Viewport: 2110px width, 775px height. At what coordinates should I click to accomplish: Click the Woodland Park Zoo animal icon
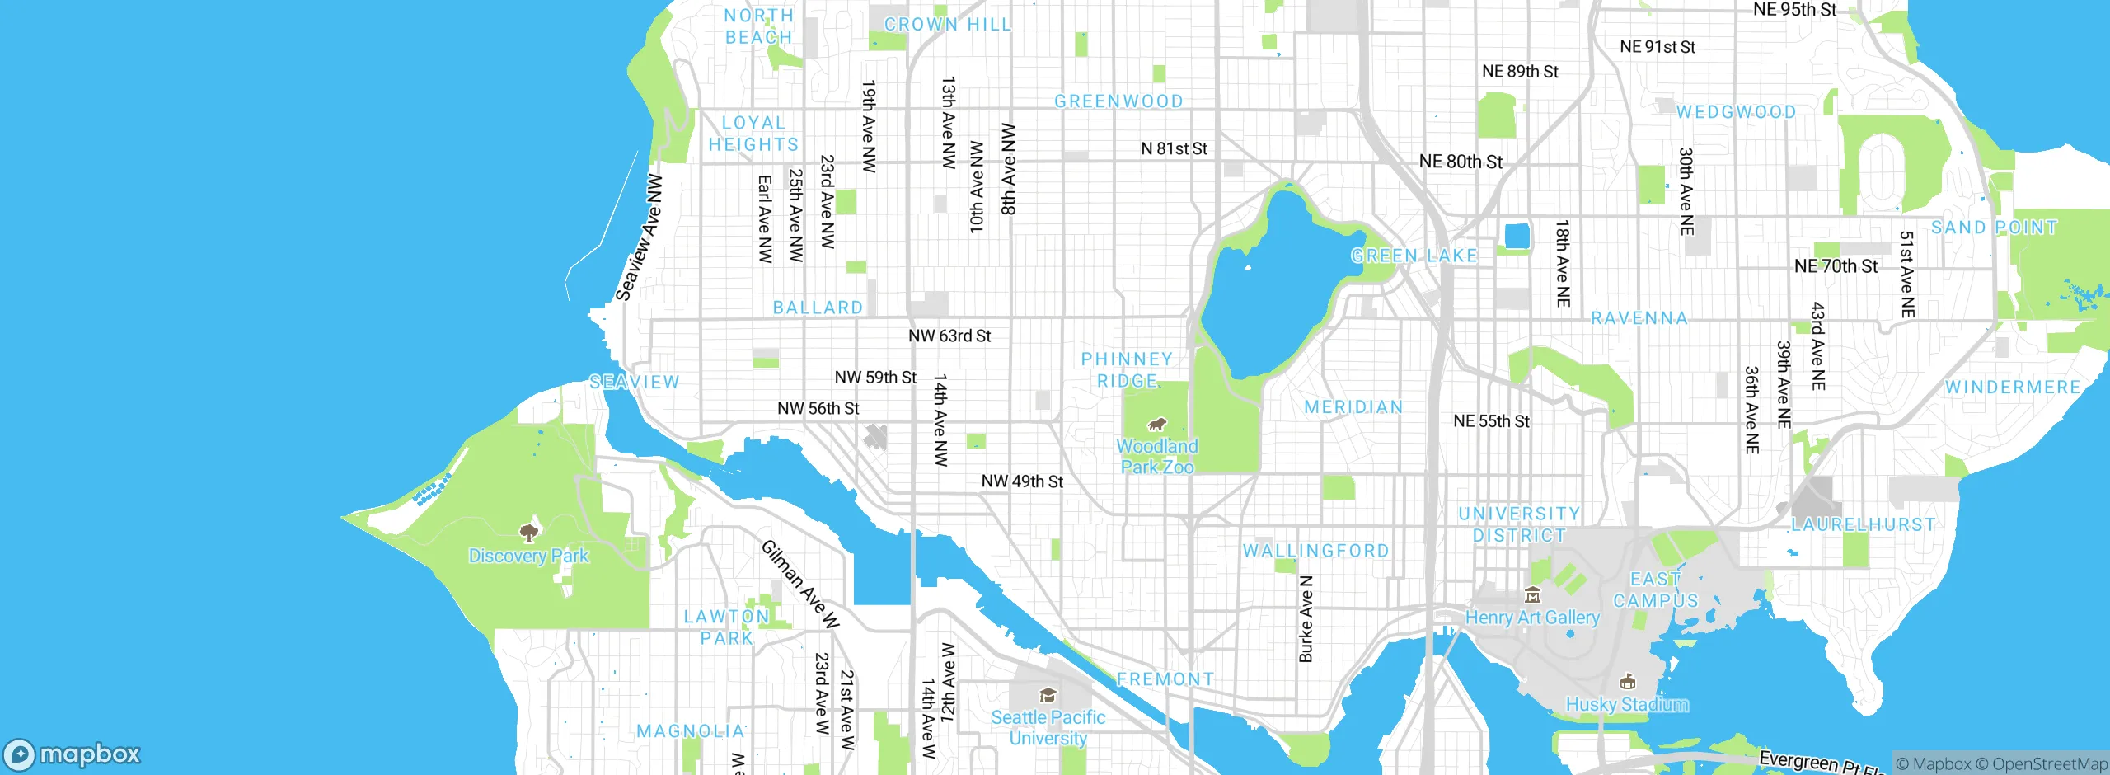point(1157,425)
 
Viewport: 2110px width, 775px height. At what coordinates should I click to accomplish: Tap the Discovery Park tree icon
point(529,533)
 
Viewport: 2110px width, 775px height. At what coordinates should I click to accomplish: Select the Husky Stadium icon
point(1627,682)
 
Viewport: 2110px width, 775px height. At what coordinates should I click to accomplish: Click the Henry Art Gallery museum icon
point(1532,594)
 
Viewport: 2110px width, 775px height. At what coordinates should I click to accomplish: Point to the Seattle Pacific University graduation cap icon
point(1048,696)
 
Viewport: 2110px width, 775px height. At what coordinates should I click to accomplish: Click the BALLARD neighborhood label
point(818,308)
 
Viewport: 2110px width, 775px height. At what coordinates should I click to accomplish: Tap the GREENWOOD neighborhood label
point(1118,101)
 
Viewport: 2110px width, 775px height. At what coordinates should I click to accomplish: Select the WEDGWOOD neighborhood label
point(1736,112)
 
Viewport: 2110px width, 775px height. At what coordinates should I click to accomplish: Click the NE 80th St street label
point(1461,162)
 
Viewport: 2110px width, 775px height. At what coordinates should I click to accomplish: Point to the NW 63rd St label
point(949,336)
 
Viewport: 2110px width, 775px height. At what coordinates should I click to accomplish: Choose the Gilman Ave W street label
point(799,585)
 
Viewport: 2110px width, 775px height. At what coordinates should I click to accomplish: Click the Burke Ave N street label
point(1306,619)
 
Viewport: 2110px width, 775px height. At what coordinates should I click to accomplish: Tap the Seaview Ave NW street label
point(640,237)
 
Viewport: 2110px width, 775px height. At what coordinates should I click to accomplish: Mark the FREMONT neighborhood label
point(1165,679)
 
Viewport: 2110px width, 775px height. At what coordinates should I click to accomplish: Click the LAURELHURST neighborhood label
point(1863,524)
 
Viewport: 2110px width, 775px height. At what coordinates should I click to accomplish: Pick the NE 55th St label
point(1491,421)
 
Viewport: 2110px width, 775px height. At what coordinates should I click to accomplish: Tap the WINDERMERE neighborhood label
point(2012,387)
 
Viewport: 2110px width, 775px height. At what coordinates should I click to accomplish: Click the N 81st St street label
point(1174,148)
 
